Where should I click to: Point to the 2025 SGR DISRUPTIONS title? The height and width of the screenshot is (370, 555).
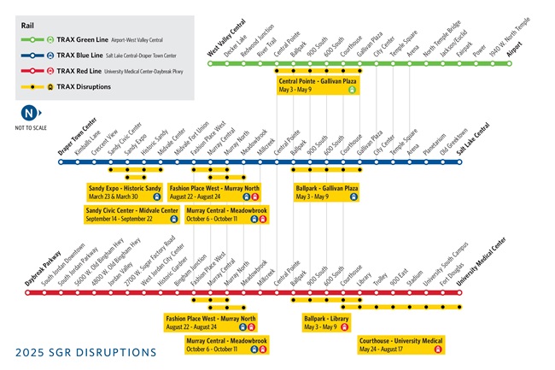pos(86,352)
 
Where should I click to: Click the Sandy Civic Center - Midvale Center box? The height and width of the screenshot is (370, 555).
pos(132,214)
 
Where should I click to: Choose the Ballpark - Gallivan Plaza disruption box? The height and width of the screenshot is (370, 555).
pos(326,191)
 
